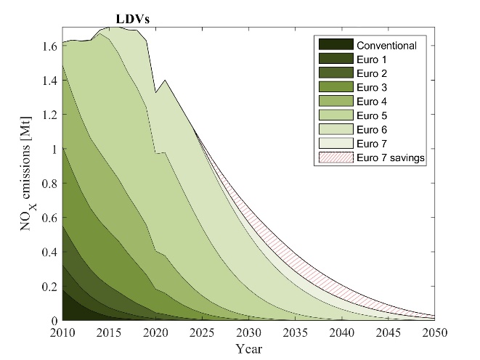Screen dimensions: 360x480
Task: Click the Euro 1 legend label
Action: [373, 60]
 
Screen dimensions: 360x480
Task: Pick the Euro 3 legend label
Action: [373, 88]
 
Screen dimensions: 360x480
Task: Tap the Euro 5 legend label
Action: [373, 115]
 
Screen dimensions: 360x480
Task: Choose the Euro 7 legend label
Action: [373, 144]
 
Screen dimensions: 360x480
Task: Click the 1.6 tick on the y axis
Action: [48, 45]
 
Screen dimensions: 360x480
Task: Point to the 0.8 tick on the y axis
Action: [48, 183]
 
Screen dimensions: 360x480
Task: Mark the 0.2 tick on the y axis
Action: [48, 286]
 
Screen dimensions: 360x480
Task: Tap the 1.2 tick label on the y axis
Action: [48, 114]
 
